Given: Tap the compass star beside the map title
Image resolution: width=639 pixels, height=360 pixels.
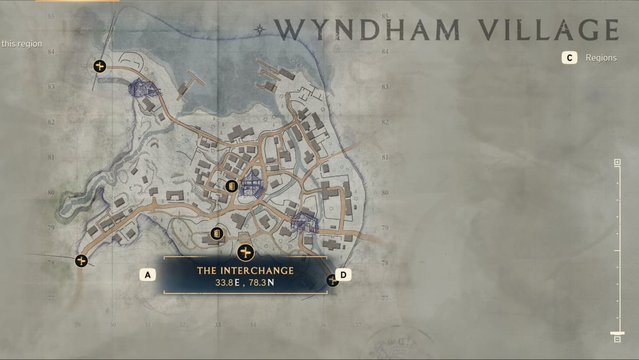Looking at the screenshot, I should pos(260,29).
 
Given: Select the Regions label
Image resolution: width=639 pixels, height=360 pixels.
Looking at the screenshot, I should pos(601,58).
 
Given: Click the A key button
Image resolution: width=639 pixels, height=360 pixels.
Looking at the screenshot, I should pos(148,275).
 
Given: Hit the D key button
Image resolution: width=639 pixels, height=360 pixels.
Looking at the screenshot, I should pos(343,275).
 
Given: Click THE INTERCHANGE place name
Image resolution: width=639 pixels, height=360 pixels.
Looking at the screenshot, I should pos(245,271).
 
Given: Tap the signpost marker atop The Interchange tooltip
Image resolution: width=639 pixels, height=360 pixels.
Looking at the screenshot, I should pos(245,252).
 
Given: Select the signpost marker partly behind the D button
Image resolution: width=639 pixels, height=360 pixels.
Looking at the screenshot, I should pos(332,280).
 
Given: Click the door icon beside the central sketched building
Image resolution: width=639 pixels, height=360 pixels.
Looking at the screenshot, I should pos(231,186).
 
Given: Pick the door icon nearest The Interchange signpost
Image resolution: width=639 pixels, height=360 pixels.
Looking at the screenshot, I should pos(217,233).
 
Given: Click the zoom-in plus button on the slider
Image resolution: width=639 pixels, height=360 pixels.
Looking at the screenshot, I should pos(617,162).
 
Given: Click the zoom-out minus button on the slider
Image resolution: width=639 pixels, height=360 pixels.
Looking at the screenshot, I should pos(617,339).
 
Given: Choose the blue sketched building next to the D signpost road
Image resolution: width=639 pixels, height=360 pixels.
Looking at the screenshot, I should pos(304,222).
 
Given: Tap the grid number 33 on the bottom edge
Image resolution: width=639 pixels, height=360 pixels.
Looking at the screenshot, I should pos(217,324).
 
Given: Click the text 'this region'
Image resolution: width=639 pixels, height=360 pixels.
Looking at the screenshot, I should pos(21,44).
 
